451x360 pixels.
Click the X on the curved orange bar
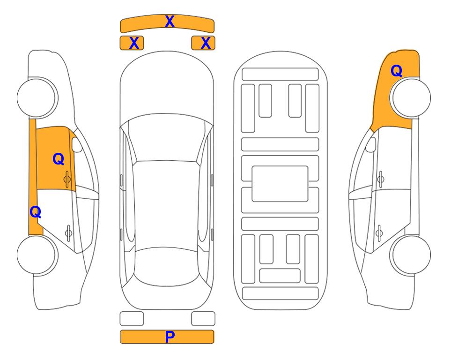point(170,22)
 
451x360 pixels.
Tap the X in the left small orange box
point(134,43)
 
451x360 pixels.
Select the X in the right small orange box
point(206,43)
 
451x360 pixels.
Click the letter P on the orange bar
point(170,337)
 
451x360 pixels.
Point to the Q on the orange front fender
point(396,71)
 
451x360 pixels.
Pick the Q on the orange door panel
point(59,159)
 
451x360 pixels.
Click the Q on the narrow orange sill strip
point(36,212)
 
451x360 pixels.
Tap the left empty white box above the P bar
point(132,319)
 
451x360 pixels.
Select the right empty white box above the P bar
point(203,319)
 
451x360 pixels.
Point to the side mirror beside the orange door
point(77,144)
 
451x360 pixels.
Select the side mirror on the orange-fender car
point(370,144)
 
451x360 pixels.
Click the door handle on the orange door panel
point(67,179)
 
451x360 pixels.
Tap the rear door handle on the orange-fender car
point(379,232)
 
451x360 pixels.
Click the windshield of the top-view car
point(166,138)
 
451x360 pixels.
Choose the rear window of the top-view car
point(167,266)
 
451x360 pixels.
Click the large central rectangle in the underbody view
point(280,184)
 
